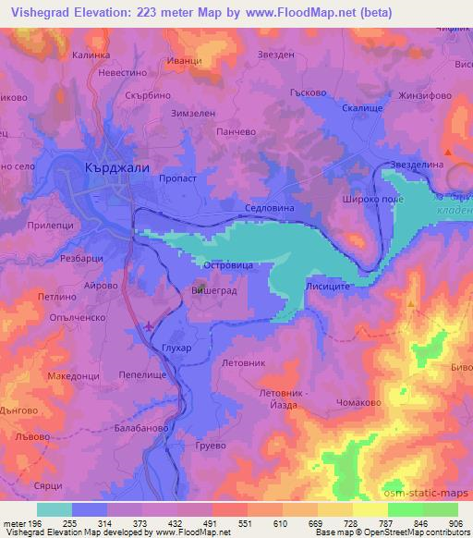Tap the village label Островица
tap(202, 264)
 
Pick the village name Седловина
tap(269, 209)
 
